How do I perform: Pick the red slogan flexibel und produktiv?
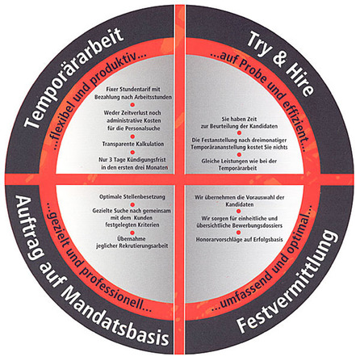point(97,98)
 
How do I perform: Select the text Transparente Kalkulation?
point(133,144)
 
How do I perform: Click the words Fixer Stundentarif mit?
point(133,90)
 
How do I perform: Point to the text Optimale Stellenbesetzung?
point(132,197)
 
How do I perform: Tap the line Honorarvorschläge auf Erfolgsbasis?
point(239,239)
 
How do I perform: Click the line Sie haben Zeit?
point(239,119)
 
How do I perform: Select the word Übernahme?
point(132,239)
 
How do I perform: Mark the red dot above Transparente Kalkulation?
point(132,136)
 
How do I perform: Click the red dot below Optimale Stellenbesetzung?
point(132,204)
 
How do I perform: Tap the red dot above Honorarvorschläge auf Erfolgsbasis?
point(239,232)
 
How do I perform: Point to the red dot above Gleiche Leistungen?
point(239,154)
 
